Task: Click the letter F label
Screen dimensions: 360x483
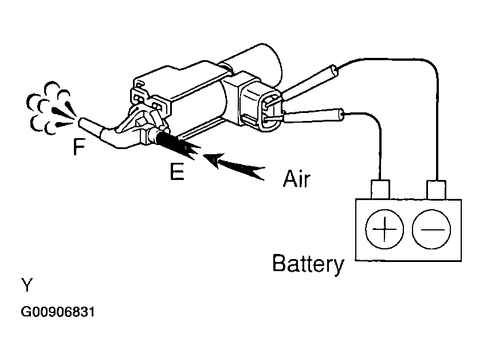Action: [x=79, y=147]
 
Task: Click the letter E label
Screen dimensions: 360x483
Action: [x=177, y=171]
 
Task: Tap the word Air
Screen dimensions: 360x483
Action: [x=296, y=178]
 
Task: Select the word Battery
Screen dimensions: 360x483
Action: [x=308, y=264]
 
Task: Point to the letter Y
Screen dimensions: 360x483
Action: [x=26, y=284]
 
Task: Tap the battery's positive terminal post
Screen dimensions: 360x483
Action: [x=380, y=189]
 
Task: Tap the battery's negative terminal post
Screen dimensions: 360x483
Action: [x=437, y=189]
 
